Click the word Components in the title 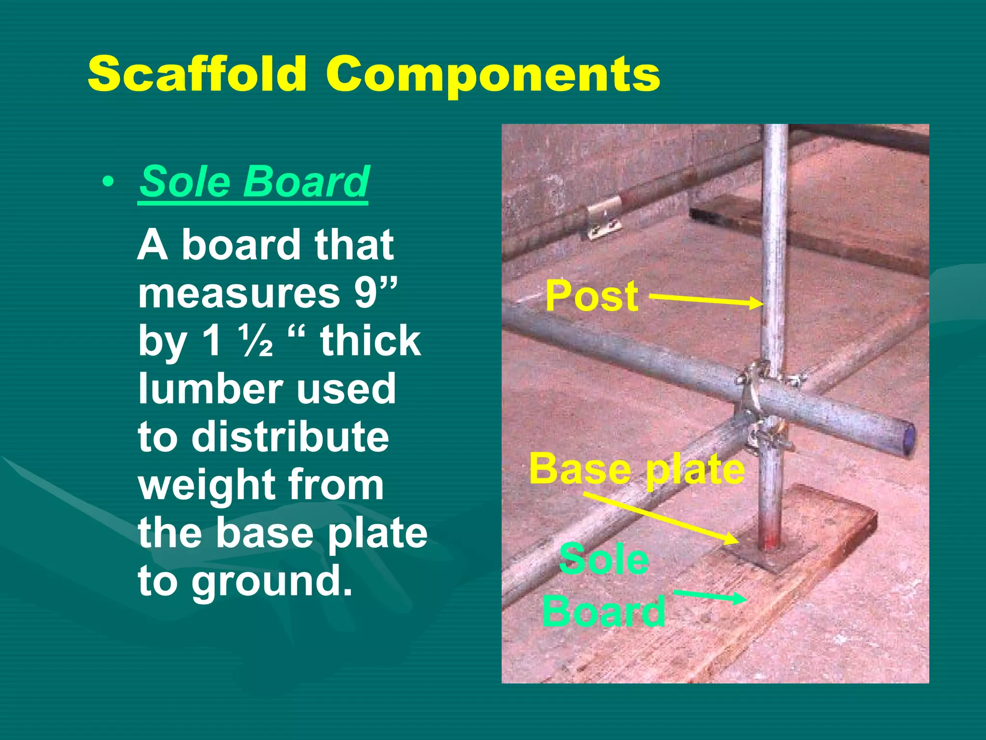pyautogui.click(x=493, y=74)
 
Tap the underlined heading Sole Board pyautogui.click(x=254, y=182)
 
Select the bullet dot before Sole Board pyautogui.click(x=108, y=182)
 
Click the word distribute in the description pyautogui.click(x=290, y=436)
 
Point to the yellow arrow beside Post pyautogui.click(x=706, y=301)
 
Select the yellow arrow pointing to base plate pyautogui.click(x=660, y=518)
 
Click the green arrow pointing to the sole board pyautogui.click(x=711, y=597)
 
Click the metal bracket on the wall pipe pyautogui.click(x=603, y=218)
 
